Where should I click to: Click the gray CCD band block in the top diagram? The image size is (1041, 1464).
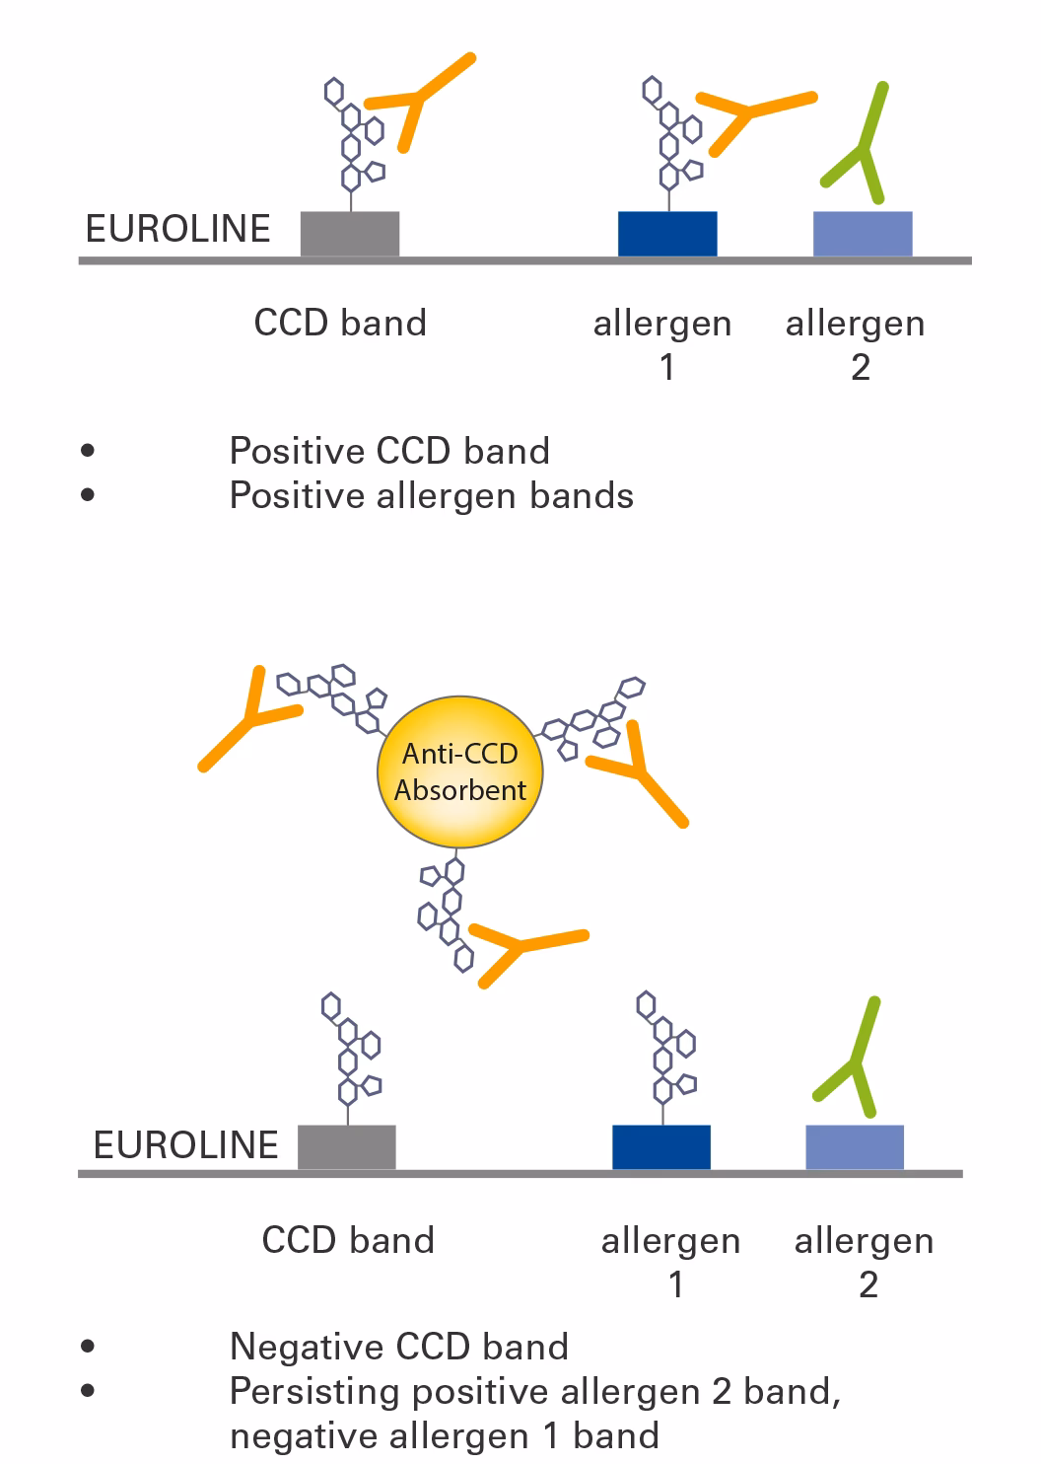point(349,234)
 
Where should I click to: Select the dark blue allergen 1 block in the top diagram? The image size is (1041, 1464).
point(666,234)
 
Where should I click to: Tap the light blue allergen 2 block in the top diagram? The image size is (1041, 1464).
point(862,234)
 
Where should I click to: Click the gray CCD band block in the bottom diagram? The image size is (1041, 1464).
point(346,1146)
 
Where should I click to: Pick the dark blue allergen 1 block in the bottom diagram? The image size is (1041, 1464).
point(660,1146)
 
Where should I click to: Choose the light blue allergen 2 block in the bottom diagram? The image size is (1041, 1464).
point(855,1146)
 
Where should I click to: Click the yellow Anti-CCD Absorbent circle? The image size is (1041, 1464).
point(459,771)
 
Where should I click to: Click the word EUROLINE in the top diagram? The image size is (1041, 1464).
point(177,229)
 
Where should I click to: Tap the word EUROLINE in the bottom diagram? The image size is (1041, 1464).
point(185,1145)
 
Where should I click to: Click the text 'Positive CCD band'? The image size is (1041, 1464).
point(389,451)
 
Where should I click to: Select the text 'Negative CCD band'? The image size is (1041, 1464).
point(398,1347)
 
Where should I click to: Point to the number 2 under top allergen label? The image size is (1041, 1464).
point(860,368)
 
